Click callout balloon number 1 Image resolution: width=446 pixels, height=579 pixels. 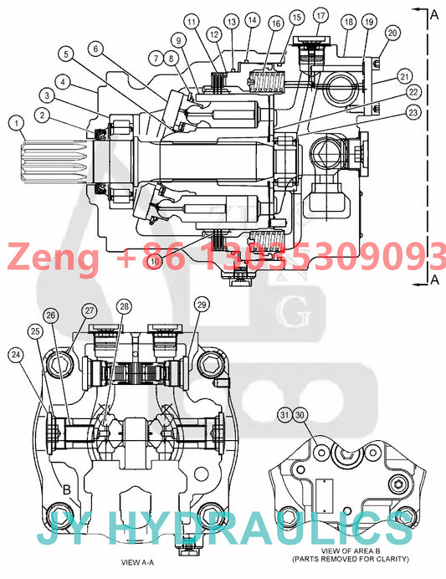pos(16,123)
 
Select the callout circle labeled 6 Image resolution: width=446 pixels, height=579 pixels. pos(96,49)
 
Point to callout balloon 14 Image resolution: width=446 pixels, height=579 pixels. pos(252,20)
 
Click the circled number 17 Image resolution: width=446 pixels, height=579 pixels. pos(320,16)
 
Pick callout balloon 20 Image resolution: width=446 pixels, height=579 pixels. pos(392,33)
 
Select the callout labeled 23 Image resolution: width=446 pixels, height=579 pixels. pos(413,112)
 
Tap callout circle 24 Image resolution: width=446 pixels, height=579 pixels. pos(16,355)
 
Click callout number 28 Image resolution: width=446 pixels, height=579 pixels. pos(125,306)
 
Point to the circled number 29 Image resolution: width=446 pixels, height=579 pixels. pos(202,305)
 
